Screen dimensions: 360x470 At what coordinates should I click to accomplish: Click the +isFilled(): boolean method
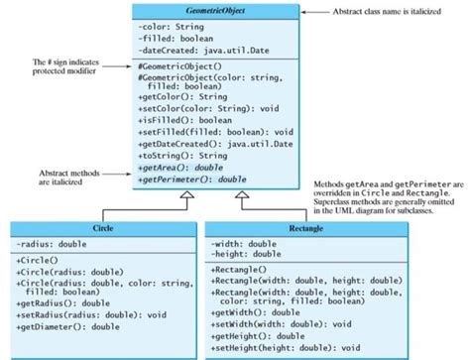[x=197, y=120]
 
